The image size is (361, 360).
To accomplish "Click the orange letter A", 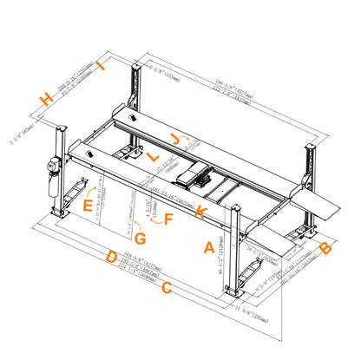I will pos(208,247).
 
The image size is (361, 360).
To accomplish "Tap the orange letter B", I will pos(325,250).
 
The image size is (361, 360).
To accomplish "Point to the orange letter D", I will pos(111,257).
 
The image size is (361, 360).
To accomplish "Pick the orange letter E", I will pos(88,206).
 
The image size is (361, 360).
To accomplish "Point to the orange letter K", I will pos(200,212).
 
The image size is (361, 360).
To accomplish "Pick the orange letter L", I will pos(152,157).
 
